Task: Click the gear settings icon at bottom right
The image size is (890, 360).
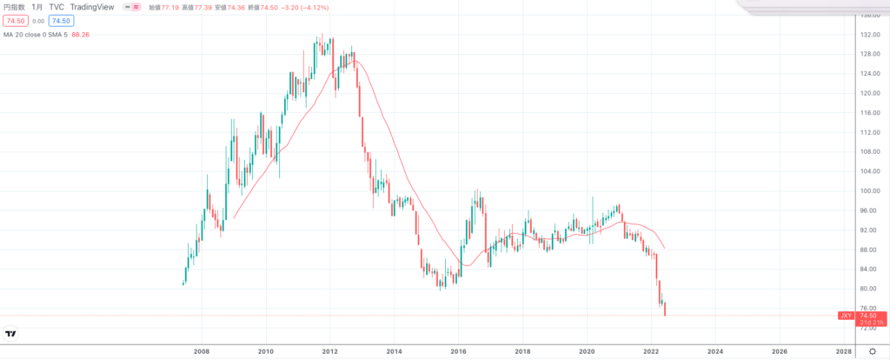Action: pos(873,350)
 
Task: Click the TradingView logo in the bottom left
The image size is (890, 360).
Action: pos(11,333)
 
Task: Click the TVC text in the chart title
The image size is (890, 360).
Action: pos(56,6)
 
